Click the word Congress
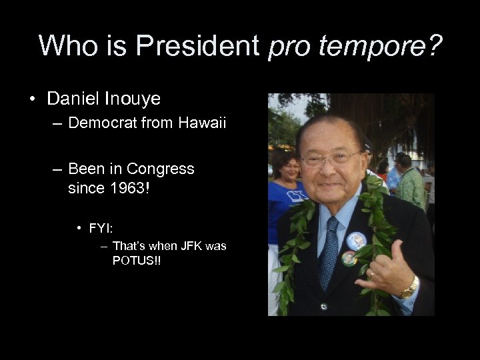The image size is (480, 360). tap(160, 169)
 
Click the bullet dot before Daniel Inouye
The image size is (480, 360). tap(32, 99)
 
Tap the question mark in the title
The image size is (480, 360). tap(433, 45)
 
